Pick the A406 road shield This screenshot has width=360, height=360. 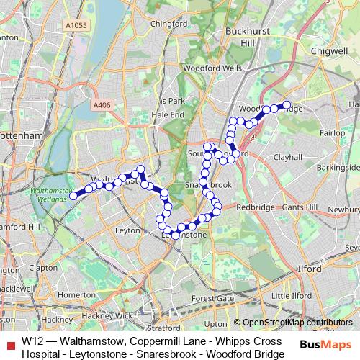tap(102, 105)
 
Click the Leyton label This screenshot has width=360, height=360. tap(127, 230)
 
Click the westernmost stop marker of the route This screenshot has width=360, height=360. tap(73, 195)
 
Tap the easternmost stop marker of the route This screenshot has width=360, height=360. tap(287, 105)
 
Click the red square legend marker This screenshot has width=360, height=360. tap(9, 343)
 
